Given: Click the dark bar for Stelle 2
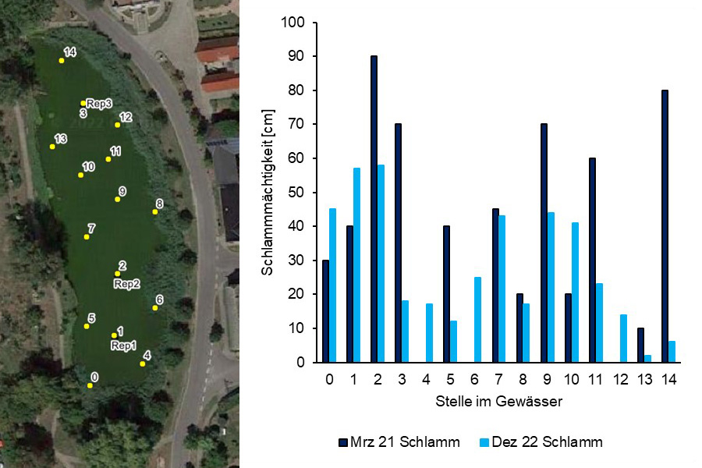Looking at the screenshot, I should click(x=374, y=209).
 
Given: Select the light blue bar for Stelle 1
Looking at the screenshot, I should click(x=356, y=265).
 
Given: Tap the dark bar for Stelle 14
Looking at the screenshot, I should click(x=665, y=226).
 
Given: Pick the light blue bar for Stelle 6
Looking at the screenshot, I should click(x=477, y=320).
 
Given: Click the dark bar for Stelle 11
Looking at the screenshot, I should click(x=592, y=260).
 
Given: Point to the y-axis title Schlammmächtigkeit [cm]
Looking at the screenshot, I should click(x=268, y=193).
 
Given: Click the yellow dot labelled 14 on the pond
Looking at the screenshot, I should click(x=62, y=60).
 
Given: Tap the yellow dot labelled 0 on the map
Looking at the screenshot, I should click(x=90, y=385).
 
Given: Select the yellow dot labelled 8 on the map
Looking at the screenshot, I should click(x=154, y=211).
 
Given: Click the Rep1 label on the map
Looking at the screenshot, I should click(x=123, y=346).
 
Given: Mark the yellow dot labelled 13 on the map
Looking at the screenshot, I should click(x=52, y=147).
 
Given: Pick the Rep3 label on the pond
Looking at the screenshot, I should click(x=100, y=103).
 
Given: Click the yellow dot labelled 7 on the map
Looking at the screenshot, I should click(x=87, y=236).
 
